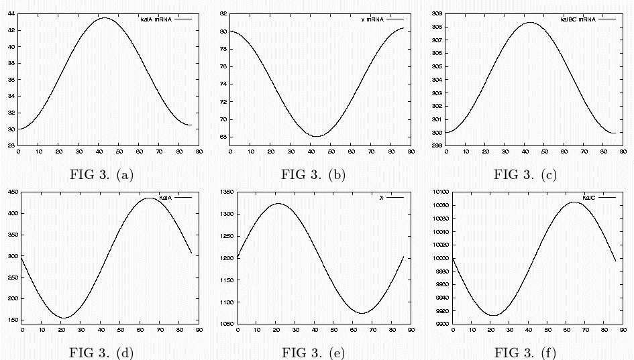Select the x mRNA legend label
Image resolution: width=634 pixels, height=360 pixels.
click(x=372, y=19)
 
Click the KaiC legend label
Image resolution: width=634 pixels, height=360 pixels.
click(x=589, y=198)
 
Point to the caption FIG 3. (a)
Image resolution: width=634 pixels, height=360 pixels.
click(x=101, y=175)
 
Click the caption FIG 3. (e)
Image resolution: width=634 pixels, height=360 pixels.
click(x=313, y=353)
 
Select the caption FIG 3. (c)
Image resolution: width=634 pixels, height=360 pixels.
click(x=525, y=175)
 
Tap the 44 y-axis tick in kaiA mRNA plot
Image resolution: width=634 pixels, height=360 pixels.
click(x=11, y=13)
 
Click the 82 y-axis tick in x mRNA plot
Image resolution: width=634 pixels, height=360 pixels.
click(x=223, y=13)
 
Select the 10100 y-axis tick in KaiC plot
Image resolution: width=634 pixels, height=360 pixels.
click(x=437, y=192)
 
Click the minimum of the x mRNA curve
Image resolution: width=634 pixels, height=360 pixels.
click(x=316, y=136)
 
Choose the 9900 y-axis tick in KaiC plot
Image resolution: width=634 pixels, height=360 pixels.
click(x=439, y=324)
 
